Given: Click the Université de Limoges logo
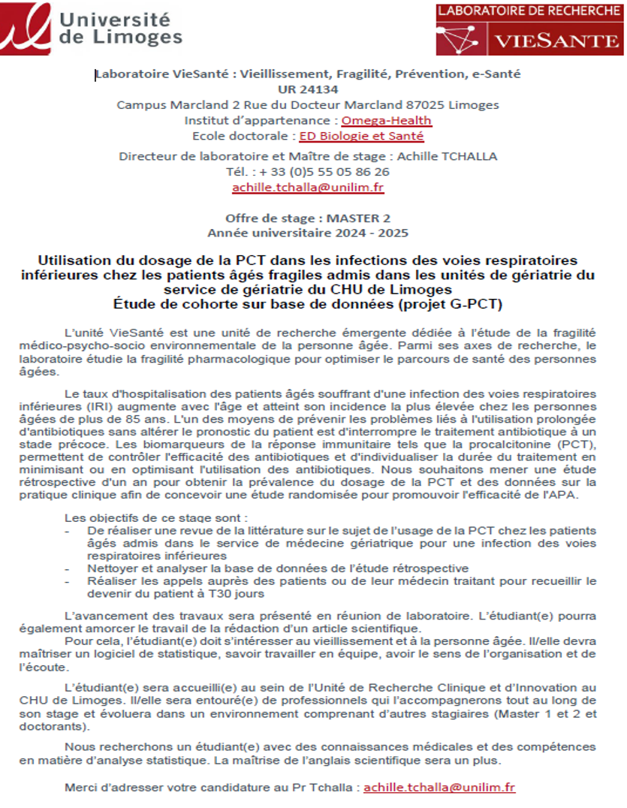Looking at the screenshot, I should [x=92, y=26].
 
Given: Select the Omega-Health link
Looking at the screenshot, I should [x=387, y=120].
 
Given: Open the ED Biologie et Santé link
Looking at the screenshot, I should [x=361, y=136].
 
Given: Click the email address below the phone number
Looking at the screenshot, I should [x=308, y=187].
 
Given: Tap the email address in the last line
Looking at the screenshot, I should [x=439, y=787].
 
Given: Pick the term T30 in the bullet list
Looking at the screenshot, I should [x=206, y=593].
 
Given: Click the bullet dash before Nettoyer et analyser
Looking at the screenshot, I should [x=70, y=568].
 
